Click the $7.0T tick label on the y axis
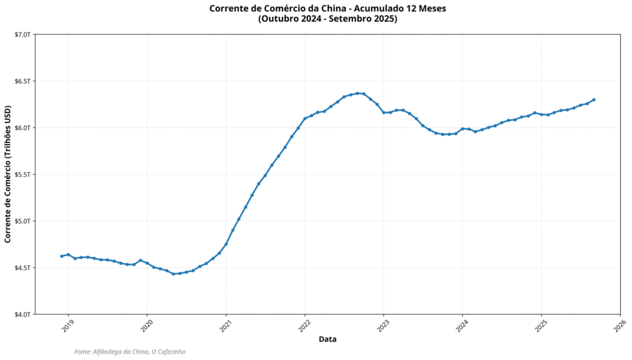coord(22,35)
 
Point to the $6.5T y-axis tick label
coord(22,81)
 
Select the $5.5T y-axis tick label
coord(22,174)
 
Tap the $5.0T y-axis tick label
coord(22,221)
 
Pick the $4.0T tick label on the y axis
coord(22,314)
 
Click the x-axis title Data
coord(328,339)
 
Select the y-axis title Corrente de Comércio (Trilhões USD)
coord(8,175)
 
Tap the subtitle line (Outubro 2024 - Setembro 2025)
coord(328,19)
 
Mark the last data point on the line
coord(594,99)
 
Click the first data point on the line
coord(62,256)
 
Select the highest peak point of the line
coord(357,93)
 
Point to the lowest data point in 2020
coord(173,274)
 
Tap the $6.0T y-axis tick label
coord(22,128)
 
